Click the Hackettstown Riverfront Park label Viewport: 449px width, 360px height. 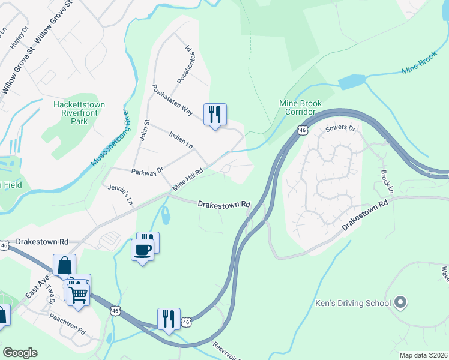point(79,113)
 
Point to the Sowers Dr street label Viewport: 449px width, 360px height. point(340,128)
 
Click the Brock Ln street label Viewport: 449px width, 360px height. point(385,181)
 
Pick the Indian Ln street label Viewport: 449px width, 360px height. point(181,141)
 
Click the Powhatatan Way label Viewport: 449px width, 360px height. point(172,100)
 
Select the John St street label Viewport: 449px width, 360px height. point(144,130)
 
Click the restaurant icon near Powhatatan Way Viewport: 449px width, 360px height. point(215,113)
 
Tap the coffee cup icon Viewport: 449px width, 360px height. point(142,249)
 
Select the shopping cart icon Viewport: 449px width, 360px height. point(77,294)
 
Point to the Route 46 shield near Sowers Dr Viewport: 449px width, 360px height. point(303,130)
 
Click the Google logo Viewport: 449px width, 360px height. point(20,352)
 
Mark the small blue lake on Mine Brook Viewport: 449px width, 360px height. point(351,82)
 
